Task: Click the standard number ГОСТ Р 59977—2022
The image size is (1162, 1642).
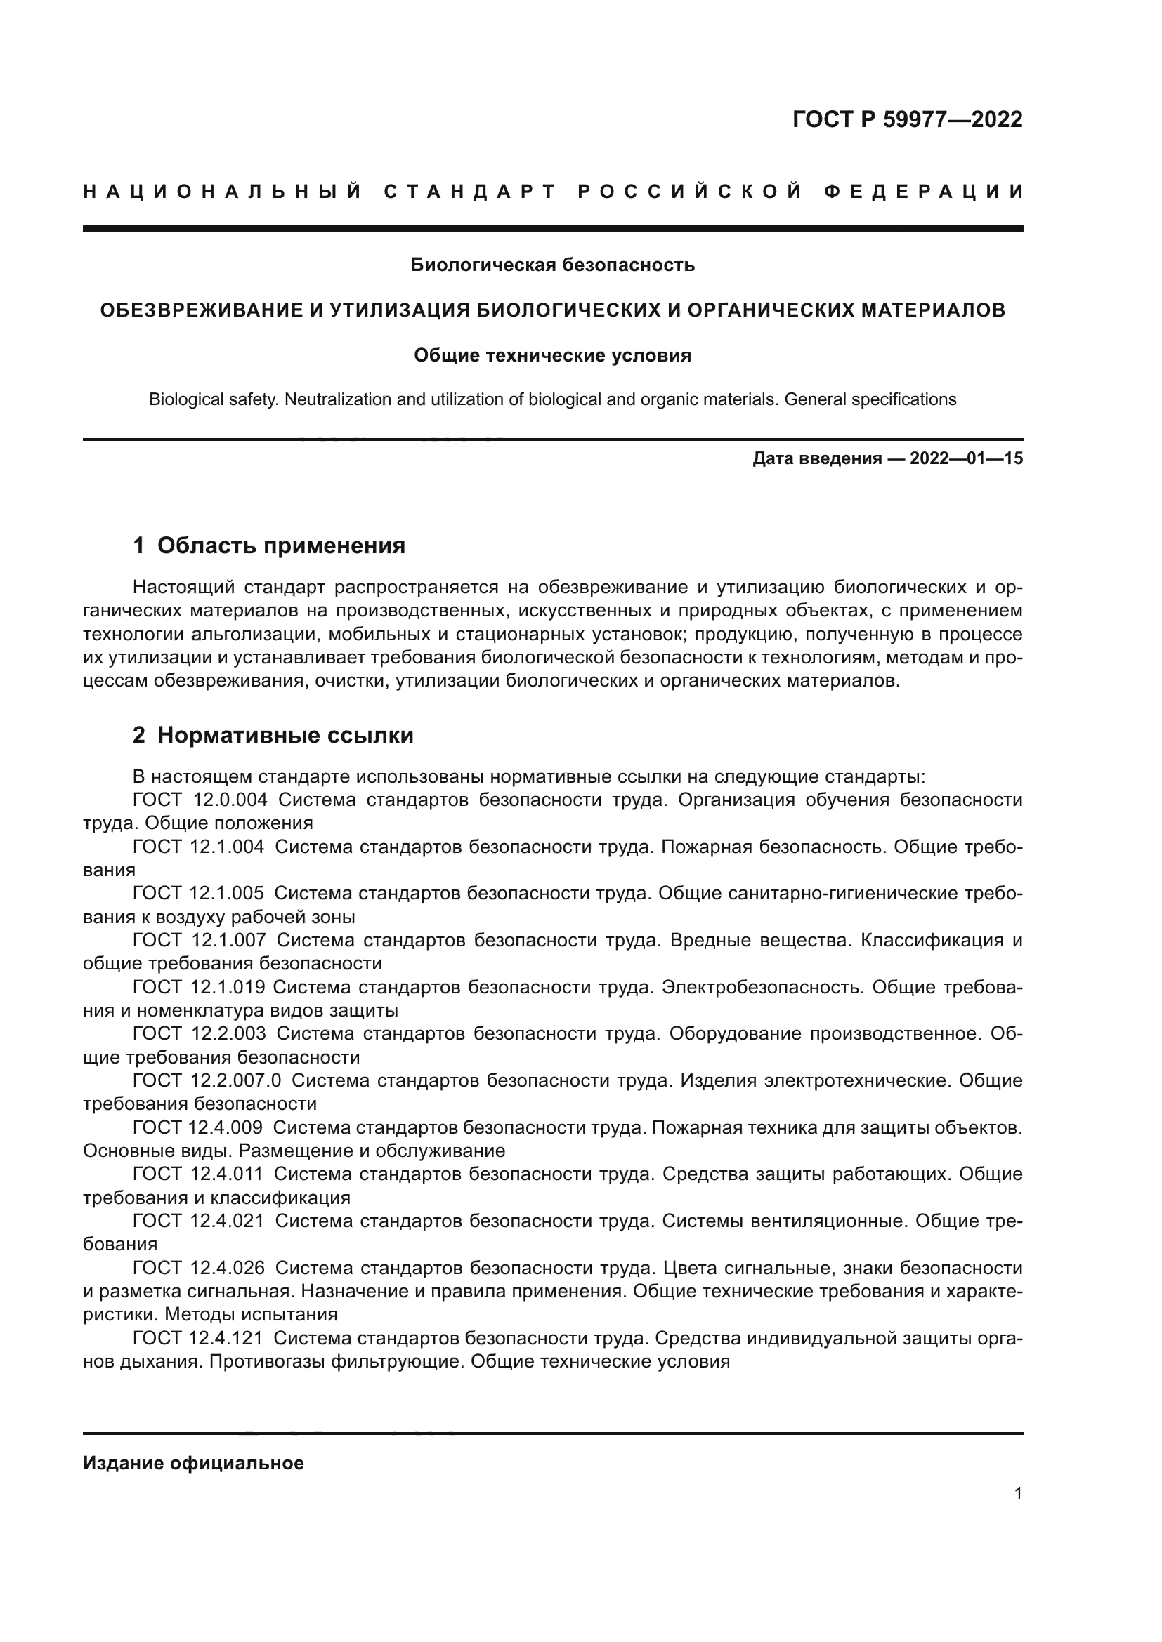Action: [906, 119]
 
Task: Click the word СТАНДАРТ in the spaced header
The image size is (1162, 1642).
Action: [470, 192]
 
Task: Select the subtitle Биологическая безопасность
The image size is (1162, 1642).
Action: [552, 265]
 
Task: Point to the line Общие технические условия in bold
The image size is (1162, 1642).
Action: [552, 355]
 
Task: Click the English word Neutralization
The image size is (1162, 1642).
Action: [338, 399]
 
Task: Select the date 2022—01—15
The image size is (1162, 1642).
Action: [966, 458]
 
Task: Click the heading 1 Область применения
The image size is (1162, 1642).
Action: [269, 545]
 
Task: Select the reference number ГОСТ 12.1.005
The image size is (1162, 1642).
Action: [198, 893]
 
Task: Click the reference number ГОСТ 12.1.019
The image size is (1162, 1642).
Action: [198, 987]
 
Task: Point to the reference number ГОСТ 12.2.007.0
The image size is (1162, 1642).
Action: [207, 1080]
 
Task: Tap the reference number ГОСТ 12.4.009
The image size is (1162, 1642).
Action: [197, 1127]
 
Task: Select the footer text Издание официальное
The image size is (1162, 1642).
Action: [193, 1463]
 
